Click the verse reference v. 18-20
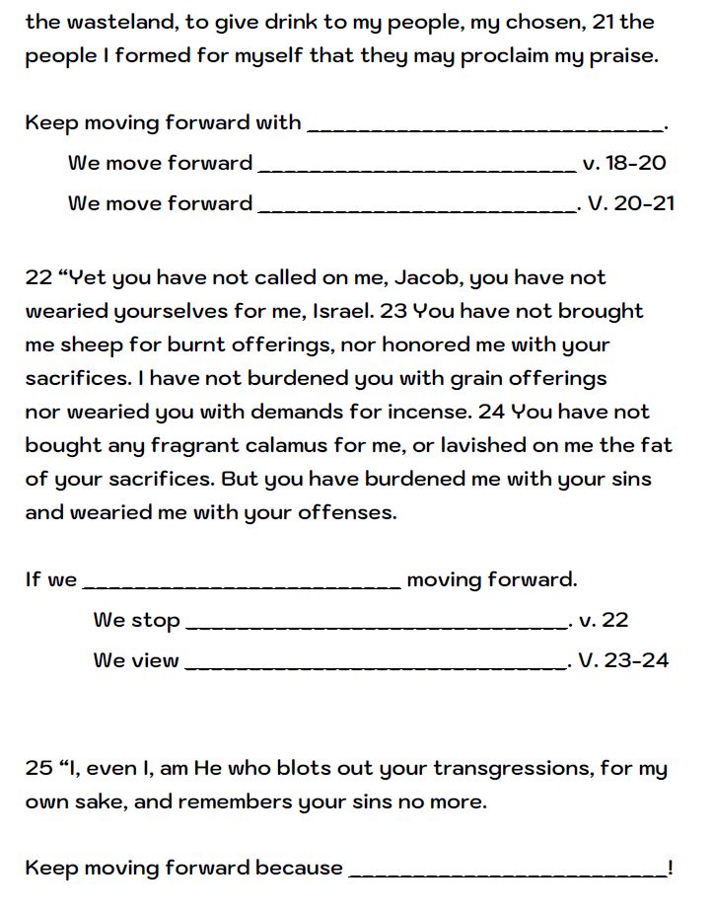[624, 163]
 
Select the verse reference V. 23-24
[623, 660]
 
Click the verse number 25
[37, 768]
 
